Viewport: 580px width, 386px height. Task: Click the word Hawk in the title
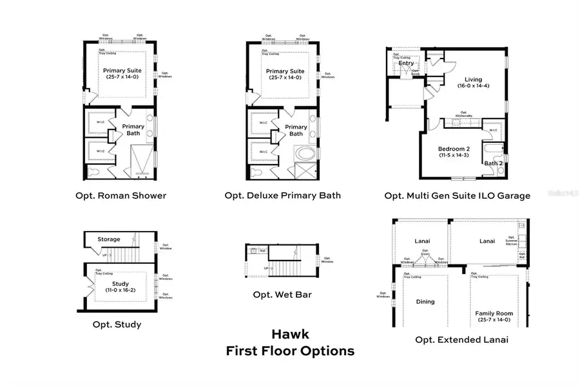[x=290, y=335]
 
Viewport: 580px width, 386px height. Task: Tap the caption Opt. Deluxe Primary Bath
[x=283, y=196]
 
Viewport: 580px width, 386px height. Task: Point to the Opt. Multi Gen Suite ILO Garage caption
[x=457, y=196]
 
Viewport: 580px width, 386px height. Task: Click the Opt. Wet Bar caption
[x=286, y=295]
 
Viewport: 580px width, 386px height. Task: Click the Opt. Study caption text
[x=117, y=324]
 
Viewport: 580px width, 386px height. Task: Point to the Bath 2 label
[x=492, y=163]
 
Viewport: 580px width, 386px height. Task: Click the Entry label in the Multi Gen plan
[x=406, y=63]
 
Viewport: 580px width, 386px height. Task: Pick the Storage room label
[x=109, y=239]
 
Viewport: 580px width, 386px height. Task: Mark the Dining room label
[x=425, y=301]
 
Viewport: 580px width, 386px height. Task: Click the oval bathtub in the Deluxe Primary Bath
[x=304, y=154]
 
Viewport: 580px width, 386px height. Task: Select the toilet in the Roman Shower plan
[x=95, y=172]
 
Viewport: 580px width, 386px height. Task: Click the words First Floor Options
[x=290, y=351]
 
